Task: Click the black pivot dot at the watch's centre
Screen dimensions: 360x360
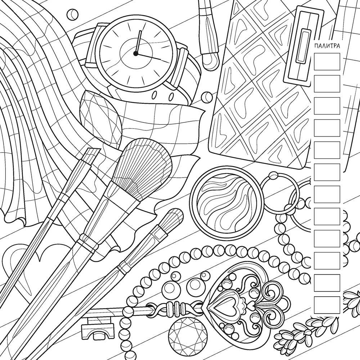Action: [136, 54]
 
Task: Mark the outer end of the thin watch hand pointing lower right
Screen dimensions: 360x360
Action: [161, 59]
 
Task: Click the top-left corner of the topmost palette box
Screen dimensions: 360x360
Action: [314, 53]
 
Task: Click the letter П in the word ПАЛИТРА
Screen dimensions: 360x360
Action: [316, 46]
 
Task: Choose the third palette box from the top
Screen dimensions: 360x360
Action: [327, 106]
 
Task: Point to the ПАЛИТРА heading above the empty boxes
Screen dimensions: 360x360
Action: [327, 46]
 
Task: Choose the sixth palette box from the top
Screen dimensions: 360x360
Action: [327, 172]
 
